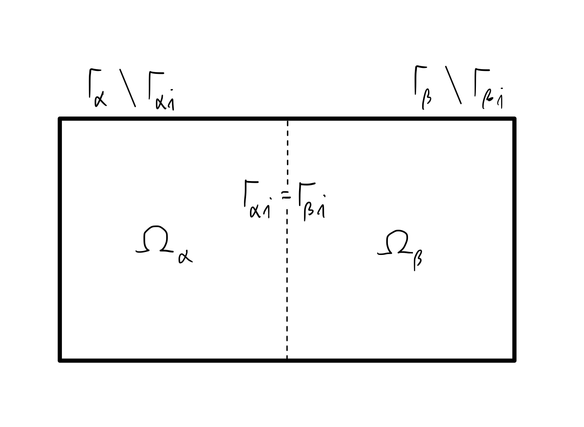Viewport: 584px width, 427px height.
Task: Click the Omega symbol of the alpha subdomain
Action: coord(154,241)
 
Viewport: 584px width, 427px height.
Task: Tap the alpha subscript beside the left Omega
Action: coord(185,256)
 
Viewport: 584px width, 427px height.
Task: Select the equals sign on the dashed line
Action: coord(286,196)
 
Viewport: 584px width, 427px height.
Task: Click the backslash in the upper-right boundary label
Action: coord(454,85)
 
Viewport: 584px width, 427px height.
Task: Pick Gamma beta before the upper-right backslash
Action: coord(423,88)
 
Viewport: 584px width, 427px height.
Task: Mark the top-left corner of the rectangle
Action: coord(60,119)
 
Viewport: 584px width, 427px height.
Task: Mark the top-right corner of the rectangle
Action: coord(514,119)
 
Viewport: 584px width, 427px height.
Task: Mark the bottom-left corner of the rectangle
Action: coord(60,360)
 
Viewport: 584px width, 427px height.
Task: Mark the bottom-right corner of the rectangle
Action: coord(514,360)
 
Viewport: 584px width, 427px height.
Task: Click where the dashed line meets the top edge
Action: coord(288,119)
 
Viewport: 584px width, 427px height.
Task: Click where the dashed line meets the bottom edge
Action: coord(287,360)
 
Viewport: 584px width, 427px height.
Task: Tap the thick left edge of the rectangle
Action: coord(60,239)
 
